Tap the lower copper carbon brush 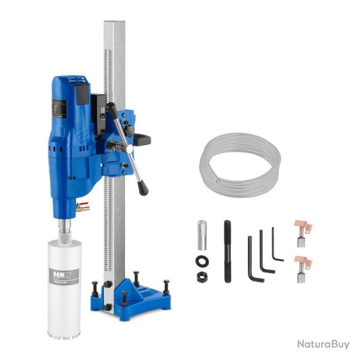pos(302,266)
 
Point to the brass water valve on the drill pos(82,208)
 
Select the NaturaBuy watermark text pos(323,344)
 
